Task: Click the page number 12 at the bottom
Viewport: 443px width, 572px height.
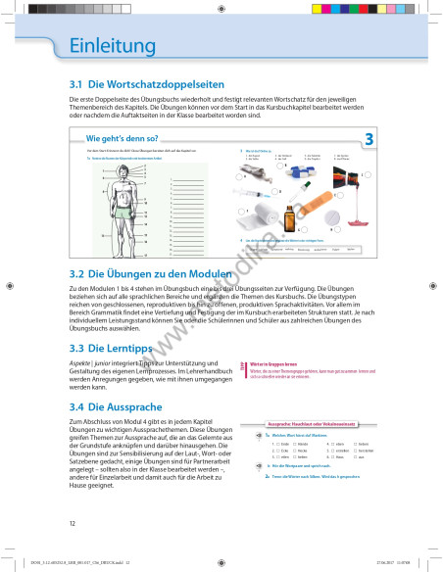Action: pos(73,524)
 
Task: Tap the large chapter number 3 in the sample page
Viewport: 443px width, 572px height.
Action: pos(369,140)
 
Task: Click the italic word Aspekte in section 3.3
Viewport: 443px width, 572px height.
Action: pos(81,363)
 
